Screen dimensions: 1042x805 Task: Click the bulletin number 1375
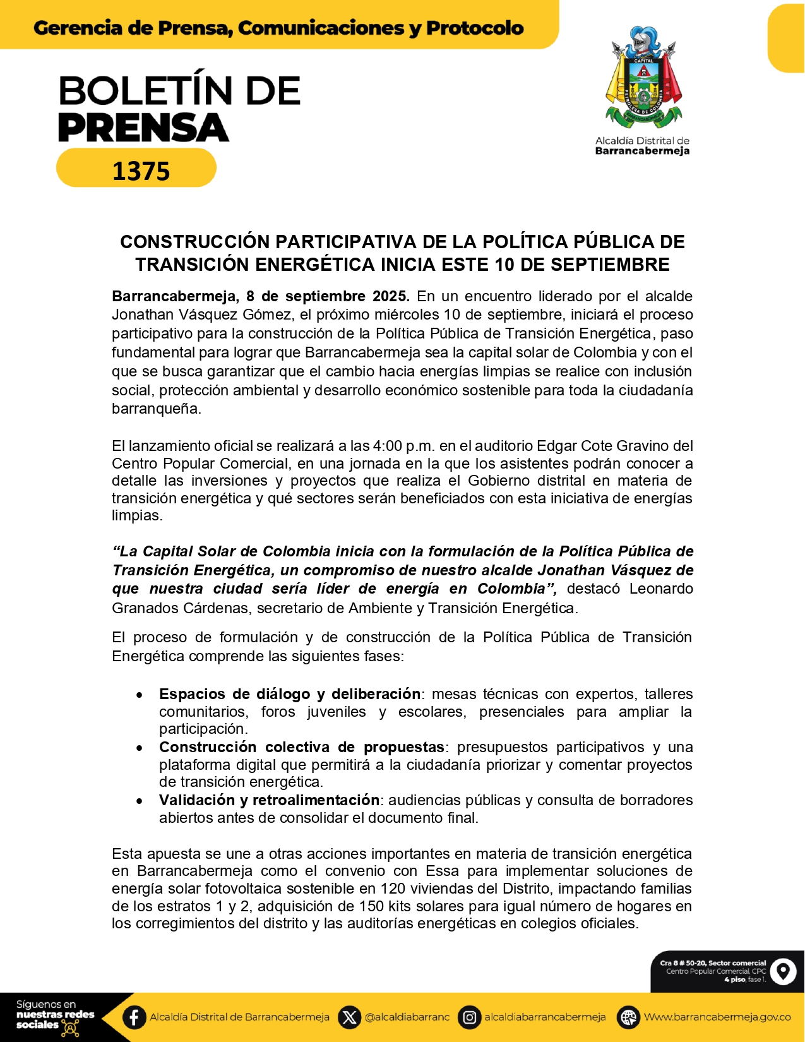pyautogui.click(x=141, y=171)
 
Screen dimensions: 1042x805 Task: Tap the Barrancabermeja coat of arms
pyautogui.click(x=643, y=76)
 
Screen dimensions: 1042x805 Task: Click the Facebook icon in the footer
pyautogui.click(x=134, y=1017)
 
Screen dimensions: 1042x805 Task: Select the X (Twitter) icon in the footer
pyautogui.click(x=349, y=1017)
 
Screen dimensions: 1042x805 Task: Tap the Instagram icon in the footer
pyautogui.click(x=469, y=1017)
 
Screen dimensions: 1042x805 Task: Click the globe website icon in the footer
pyautogui.click(x=628, y=1017)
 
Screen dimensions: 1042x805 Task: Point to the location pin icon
pyautogui.click(x=783, y=971)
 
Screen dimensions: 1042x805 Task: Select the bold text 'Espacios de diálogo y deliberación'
pyautogui.click(x=289, y=694)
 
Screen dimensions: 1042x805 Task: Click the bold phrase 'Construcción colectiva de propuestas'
pyautogui.click(x=301, y=747)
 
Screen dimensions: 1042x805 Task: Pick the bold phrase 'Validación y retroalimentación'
pyautogui.click(x=269, y=800)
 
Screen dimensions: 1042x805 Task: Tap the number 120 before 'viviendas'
pyautogui.click(x=392, y=889)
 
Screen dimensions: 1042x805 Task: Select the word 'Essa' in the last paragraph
pyautogui.click(x=441, y=871)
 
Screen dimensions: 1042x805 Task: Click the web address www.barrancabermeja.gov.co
pyautogui.click(x=717, y=1017)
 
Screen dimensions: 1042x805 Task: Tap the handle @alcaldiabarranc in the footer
pyautogui.click(x=407, y=1017)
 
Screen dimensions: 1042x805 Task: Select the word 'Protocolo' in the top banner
pyautogui.click(x=475, y=28)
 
